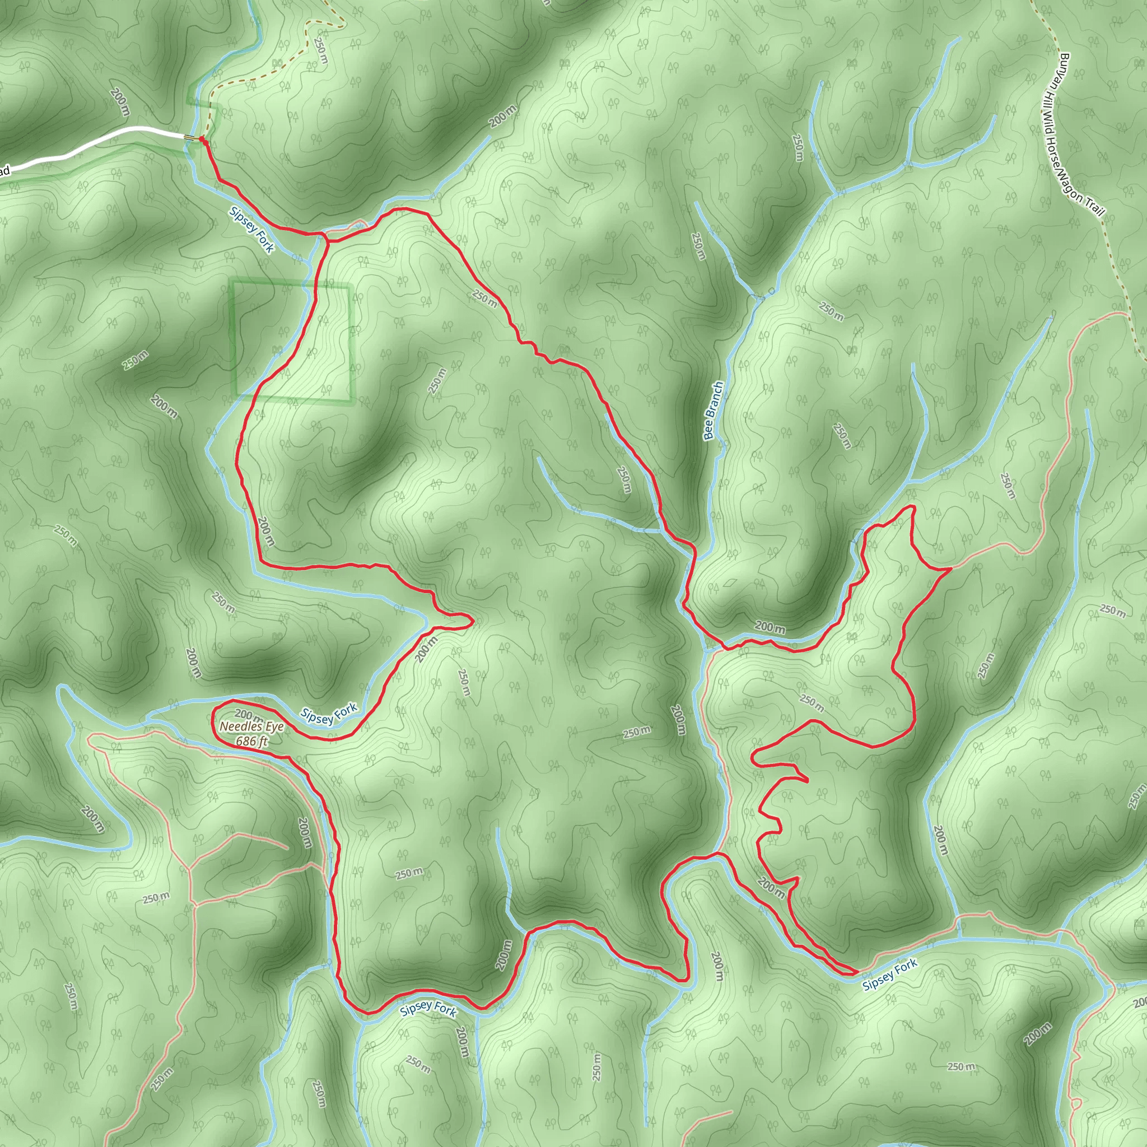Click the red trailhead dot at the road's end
(x=202, y=139)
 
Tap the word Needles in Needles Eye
(x=238, y=726)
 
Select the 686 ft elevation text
(x=251, y=742)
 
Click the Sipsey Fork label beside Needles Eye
(x=329, y=712)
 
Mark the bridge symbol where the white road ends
(x=189, y=138)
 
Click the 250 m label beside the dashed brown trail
(x=320, y=51)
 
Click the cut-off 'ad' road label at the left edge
(x=4, y=172)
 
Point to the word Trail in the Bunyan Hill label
(x=1095, y=206)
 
